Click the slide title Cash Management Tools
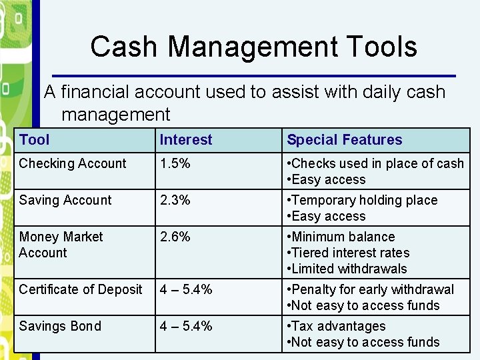(x=253, y=47)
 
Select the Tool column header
(x=35, y=140)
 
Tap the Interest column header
(x=186, y=140)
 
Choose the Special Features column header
(x=345, y=140)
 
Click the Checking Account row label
(x=73, y=163)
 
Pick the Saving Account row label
(x=65, y=200)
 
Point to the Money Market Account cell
(x=61, y=245)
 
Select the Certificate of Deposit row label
(x=81, y=289)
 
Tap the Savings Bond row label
(x=60, y=326)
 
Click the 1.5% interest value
(x=175, y=163)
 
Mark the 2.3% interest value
(x=175, y=200)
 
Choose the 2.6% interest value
(x=175, y=237)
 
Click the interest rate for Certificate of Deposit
(x=186, y=289)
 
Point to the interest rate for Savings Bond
(x=186, y=326)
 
